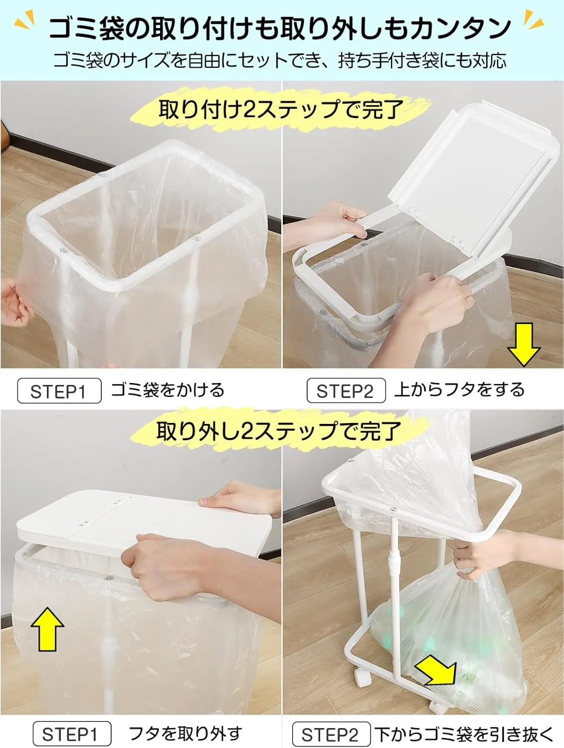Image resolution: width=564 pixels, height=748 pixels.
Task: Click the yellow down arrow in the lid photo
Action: pyautogui.click(x=524, y=344)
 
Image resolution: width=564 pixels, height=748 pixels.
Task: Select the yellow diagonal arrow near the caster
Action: pyautogui.click(x=437, y=673)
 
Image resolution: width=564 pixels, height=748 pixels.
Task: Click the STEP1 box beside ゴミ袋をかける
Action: pyautogui.click(x=59, y=391)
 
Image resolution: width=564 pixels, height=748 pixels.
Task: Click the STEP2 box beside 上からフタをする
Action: pyautogui.click(x=346, y=391)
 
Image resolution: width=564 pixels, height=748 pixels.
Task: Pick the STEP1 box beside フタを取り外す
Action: pyautogui.click(x=71, y=734)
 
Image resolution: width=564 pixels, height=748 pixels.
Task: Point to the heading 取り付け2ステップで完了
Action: pyautogui.click(x=280, y=109)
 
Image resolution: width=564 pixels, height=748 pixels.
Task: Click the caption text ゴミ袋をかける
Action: pyautogui.click(x=168, y=390)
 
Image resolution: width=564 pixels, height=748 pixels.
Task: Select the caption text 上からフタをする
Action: pyautogui.click(x=459, y=389)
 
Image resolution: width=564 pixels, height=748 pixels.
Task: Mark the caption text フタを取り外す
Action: pyautogui.click(x=185, y=734)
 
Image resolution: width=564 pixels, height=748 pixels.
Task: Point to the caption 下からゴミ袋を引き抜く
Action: pyautogui.click(x=464, y=734)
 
